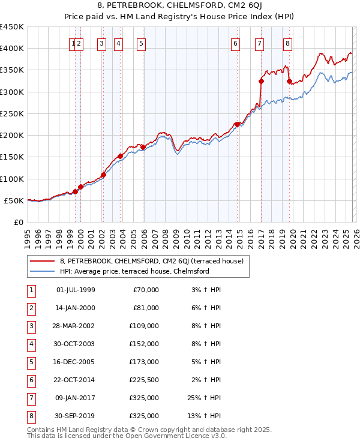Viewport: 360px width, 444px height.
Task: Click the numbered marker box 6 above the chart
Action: pyautogui.click(x=235, y=43)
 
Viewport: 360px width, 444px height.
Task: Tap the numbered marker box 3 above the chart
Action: pyautogui.click(x=102, y=43)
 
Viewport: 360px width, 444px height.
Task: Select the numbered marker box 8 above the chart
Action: pyautogui.click(x=288, y=43)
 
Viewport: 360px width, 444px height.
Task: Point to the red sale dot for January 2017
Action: pyautogui.click(x=261, y=81)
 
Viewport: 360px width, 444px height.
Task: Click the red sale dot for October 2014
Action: pyautogui.click(x=237, y=124)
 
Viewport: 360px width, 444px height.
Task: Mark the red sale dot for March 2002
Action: pyautogui.click(x=103, y=175)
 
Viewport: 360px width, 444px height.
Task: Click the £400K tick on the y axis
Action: pyautogui.click(x=12, y=49)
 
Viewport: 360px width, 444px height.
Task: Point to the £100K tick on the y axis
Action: pyautogui.click(x=12, y=179)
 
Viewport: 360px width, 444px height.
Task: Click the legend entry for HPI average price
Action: pyautogui.click(x=134, y=271)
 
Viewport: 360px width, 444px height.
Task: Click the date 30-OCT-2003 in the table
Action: pyautogui.click(x=76, y=344)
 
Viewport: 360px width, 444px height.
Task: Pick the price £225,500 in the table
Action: pyautogui.click(x=145, y=380)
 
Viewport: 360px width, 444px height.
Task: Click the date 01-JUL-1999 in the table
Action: pyautogui.click(x=76, y=290)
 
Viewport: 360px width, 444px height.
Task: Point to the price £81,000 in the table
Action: pyautogui.click(x=146, y=308)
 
